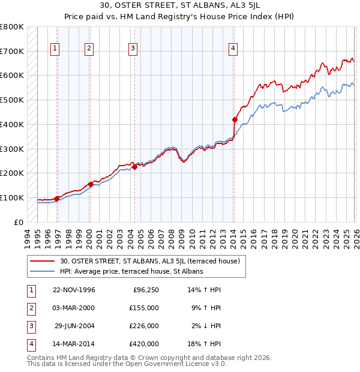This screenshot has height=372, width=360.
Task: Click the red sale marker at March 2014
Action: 235,119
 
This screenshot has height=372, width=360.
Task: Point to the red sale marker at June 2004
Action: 134,167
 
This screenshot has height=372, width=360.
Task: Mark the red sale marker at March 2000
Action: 91,184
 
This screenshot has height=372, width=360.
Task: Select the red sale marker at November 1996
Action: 57,199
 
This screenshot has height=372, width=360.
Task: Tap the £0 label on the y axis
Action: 18,222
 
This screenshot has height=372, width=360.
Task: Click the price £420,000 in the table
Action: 144,344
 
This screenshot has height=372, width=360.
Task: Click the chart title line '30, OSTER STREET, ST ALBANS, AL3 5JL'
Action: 180,7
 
